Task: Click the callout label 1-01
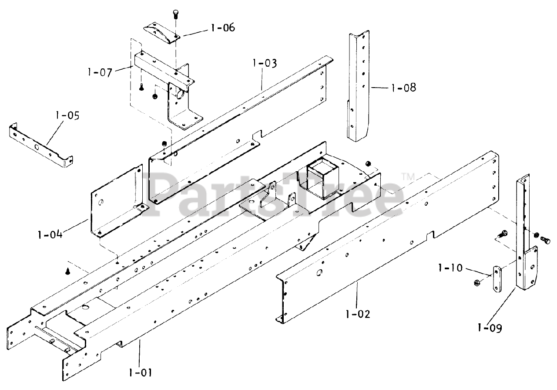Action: tap(141, 373)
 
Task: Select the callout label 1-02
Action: tap(359, 313)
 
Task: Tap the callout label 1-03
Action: tap(264, 64)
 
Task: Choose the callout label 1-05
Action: tap(67, 116)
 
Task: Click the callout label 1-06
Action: tap(222, 28)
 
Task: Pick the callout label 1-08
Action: tap(403, 88)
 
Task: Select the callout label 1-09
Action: tap(490, 327)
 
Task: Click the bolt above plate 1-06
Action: tap(176, 13)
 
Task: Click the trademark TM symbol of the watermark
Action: tap(408, 176)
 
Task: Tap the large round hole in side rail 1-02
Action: tap(320, 273)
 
